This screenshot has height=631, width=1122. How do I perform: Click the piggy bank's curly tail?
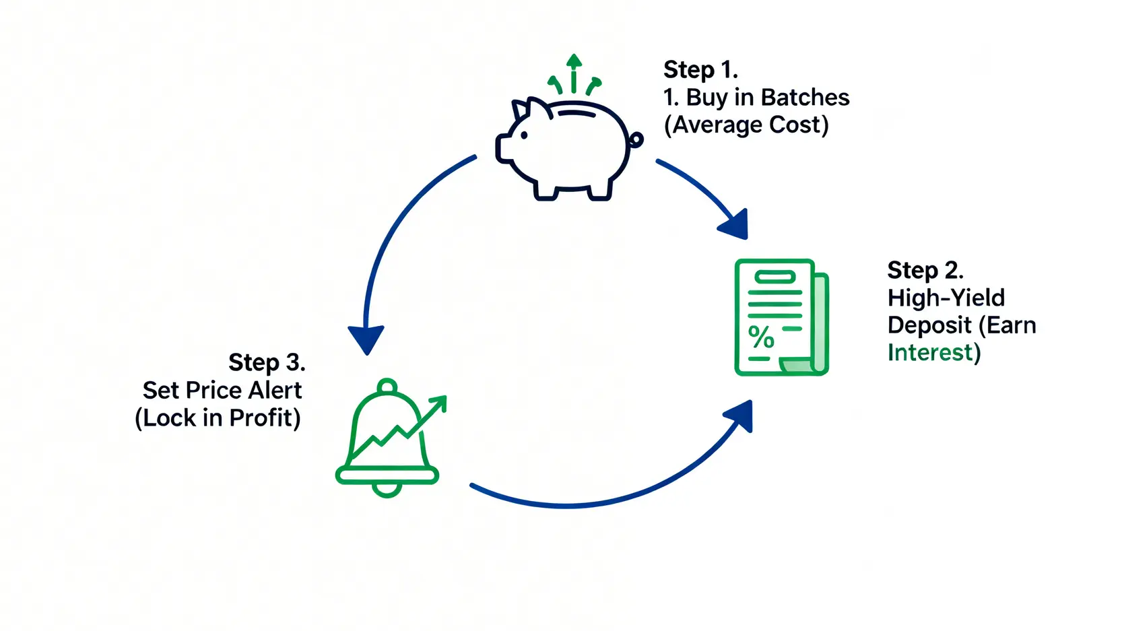tap(635, 140)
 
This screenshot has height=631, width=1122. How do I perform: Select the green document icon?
tap(781, 317)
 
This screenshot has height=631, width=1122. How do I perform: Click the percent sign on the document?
tap(761, 337)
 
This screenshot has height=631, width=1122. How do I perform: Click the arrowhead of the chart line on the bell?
tap(438, 403)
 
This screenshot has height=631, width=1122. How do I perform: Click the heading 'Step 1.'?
tap(700, 69)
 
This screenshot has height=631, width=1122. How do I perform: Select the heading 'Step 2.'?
tap(925, 270)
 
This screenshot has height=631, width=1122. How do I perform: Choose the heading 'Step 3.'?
tap(267, 362)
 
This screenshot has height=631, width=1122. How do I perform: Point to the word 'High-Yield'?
tap(946, 298)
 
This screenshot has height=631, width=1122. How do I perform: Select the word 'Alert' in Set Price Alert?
tap(275, 391)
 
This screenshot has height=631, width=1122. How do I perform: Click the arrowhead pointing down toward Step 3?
tap(366, 339)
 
